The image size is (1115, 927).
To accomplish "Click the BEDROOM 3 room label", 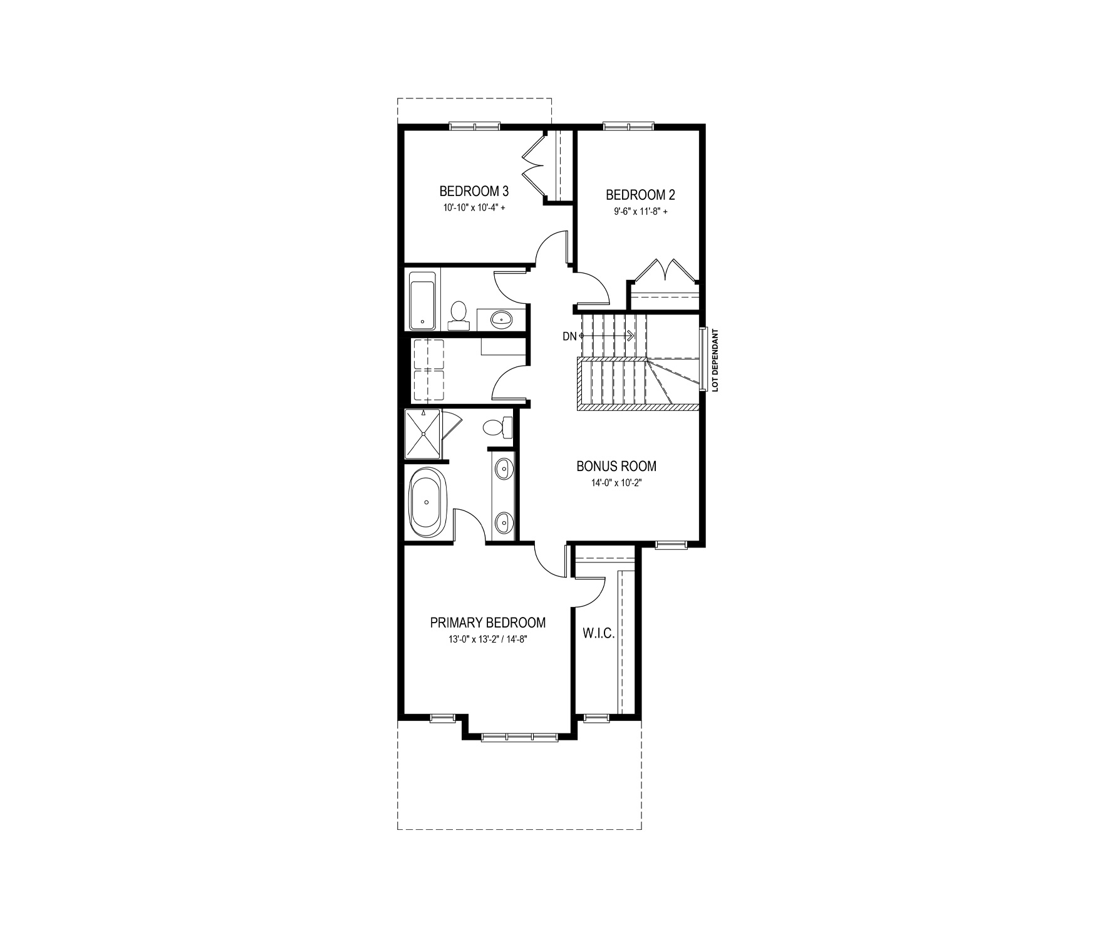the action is (474, 190).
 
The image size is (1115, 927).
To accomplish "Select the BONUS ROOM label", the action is (616, 466).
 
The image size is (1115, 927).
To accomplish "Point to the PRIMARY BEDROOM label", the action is (488, 623).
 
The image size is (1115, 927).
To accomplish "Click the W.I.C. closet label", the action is (599, 633).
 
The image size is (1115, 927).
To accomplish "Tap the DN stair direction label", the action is (569, 336).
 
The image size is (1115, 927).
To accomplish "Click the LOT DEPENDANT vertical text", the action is (715, 360).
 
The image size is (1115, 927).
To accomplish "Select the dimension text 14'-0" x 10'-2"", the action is (616, 483).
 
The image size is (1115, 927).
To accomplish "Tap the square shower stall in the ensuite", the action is (423, 433).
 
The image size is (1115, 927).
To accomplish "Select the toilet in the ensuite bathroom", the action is (499, 428).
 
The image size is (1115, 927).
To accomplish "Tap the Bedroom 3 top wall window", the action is (475, 127).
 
